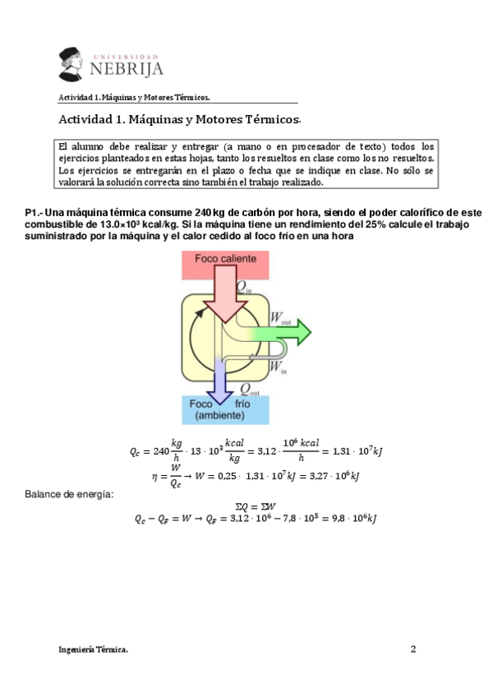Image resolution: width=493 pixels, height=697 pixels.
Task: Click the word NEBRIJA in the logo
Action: pos(127,67)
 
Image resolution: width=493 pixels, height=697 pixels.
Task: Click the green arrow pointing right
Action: pos(288,332)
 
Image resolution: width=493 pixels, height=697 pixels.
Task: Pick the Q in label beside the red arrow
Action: pos(245,287)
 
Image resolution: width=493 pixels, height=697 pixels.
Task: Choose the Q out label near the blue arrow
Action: pos(249,389)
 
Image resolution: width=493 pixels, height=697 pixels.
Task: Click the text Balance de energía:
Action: pos(69,494)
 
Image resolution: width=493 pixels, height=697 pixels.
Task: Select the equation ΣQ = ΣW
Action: pos(255,505)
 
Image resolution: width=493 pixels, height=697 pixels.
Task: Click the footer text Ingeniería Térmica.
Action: pos(94,649)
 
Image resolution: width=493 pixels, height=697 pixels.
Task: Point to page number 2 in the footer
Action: pos(413,649)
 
